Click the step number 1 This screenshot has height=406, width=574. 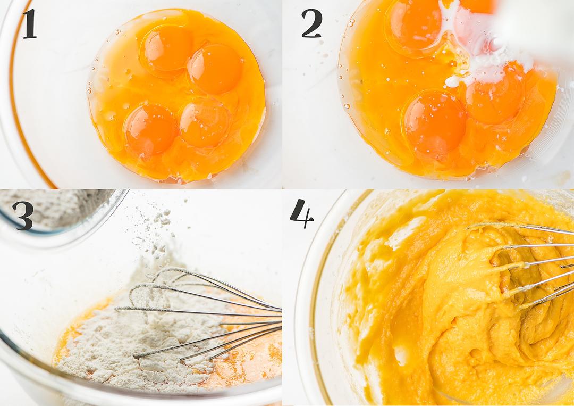pos(30,24)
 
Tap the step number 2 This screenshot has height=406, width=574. pos(311,23)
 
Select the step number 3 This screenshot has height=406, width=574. pos(23,216)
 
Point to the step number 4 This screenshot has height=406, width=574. pos(302,213)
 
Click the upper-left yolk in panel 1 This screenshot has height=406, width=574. pos(166,49)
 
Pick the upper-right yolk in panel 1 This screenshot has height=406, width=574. pos(215,69)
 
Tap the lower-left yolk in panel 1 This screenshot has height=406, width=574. pos(150,129)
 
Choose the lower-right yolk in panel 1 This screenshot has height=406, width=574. pos(204,123)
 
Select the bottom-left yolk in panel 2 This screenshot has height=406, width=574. pos(435,123)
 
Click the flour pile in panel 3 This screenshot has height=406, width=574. pos(139,337)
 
